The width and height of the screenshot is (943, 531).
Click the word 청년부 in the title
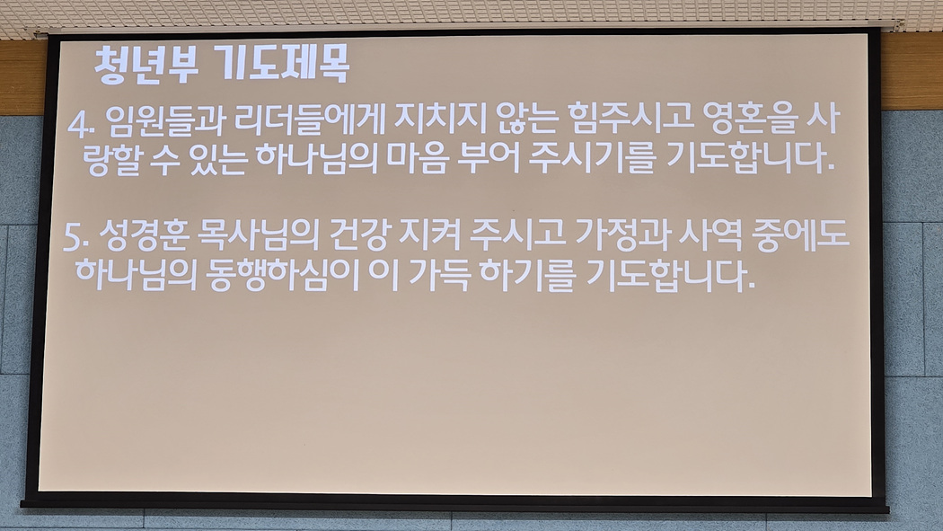click(146, 64)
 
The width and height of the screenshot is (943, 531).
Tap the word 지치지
click(440, 119)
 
